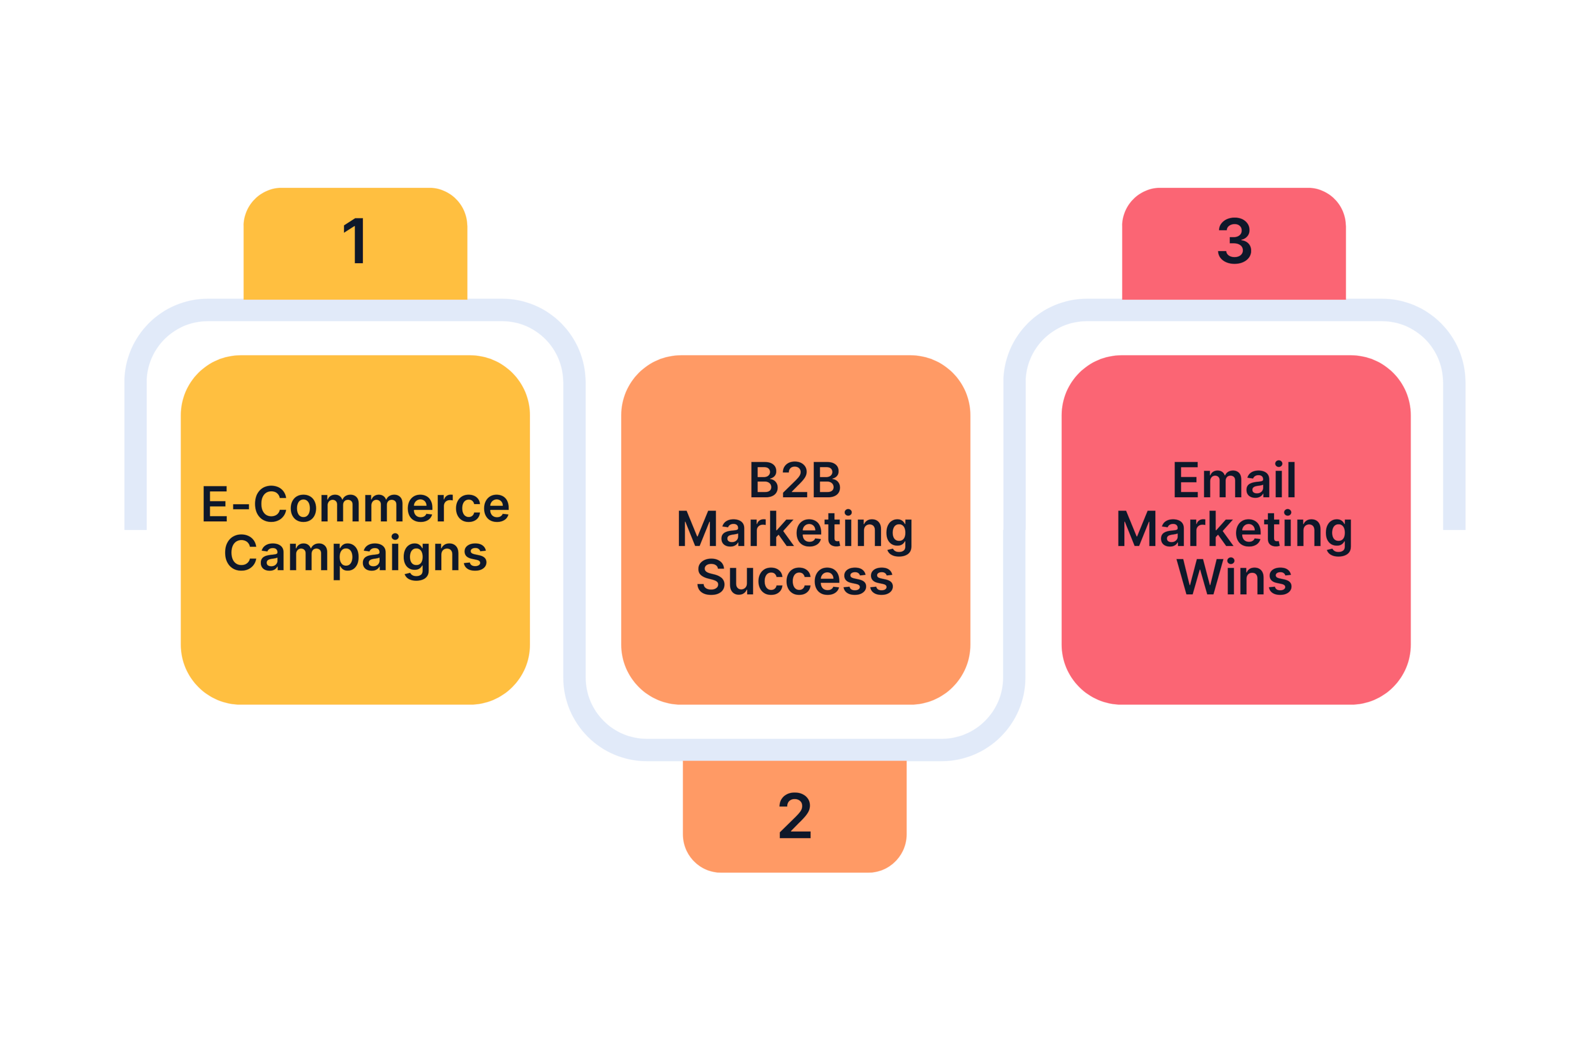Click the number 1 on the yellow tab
click(x=353, y=240)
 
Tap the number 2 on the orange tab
click(x=795, y=815)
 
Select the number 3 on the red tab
click(x=1234, y=240)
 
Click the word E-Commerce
click(x=356, y=504)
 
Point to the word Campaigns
click(x=356, y=557)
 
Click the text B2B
click(x=795, y=480)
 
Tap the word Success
click(x=795, y=577)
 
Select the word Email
click(x=1234, y=479)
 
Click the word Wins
click(x=1234, y=577)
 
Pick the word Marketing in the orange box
click(x=795, y=533)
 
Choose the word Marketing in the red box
click(x=1234, y=533)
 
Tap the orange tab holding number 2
click(x=795, y=817)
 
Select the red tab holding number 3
click(x=1234, y=243)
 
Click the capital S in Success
click(x=711, y=577)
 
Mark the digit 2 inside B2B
click(x=795, y=479)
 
